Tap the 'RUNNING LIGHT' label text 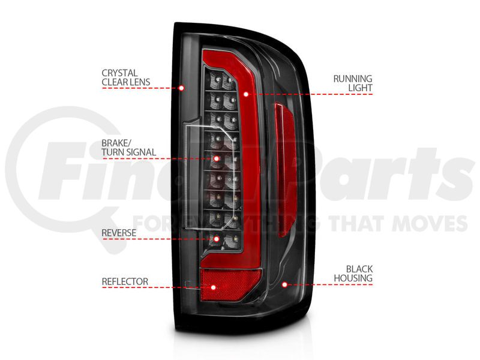click(352, 83)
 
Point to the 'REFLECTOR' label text click(125, 281)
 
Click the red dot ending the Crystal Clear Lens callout click(182, 88)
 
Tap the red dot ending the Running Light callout click(246, 94)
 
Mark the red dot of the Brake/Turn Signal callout click(217, 158)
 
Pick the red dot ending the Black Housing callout click(284, 285)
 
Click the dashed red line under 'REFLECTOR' click(156, 287)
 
